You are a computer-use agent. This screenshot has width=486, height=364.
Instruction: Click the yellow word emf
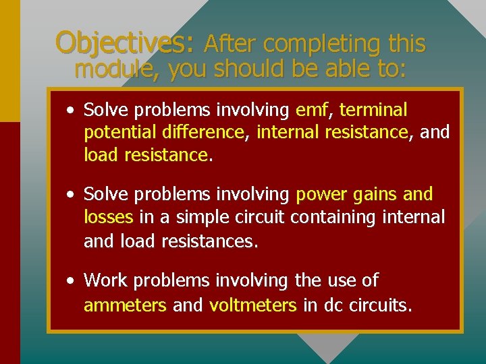311,109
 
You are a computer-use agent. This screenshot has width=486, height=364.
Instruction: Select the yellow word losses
109,217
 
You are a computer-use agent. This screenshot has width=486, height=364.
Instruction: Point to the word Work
105,280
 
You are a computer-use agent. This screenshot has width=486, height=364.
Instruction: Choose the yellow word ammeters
125,305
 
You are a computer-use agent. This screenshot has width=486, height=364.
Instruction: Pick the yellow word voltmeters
253,305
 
